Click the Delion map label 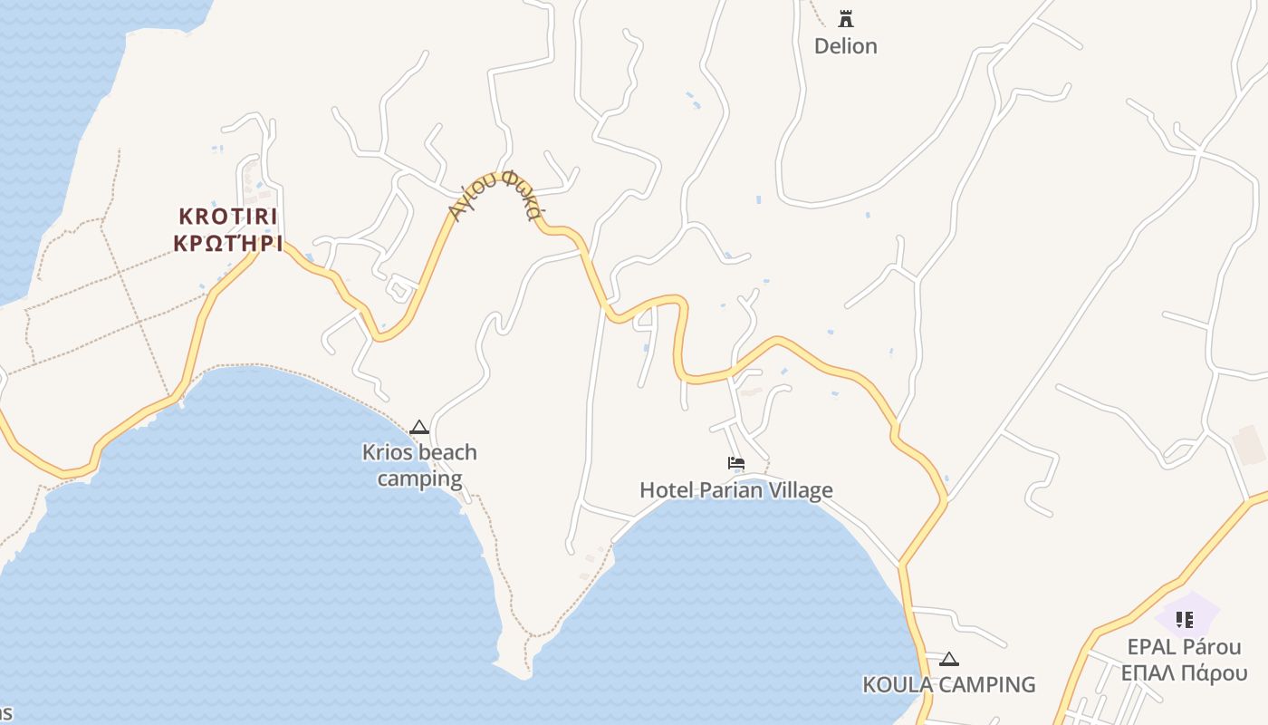[x=845, y=46]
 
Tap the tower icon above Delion [x=846, y=18]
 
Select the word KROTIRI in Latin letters [x=228, y=217]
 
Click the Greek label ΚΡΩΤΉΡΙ [x=228, y=244]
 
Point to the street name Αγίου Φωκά [x=497, y=195]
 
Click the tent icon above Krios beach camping [x=419, y=427]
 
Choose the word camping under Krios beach [x=419, y=478]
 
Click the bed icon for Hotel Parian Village [x=736, y=463]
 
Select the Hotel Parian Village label [x=736, y=490]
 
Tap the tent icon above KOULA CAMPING [x=948, y=659]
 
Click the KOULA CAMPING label [x=948, y=684]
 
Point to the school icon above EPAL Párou [x=1184, y=620]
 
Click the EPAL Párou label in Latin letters [x=1184, y=647]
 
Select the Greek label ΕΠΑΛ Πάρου [x=1184, y=673]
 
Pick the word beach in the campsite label [x=444, y=452]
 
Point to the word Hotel [x=666, y=490]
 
